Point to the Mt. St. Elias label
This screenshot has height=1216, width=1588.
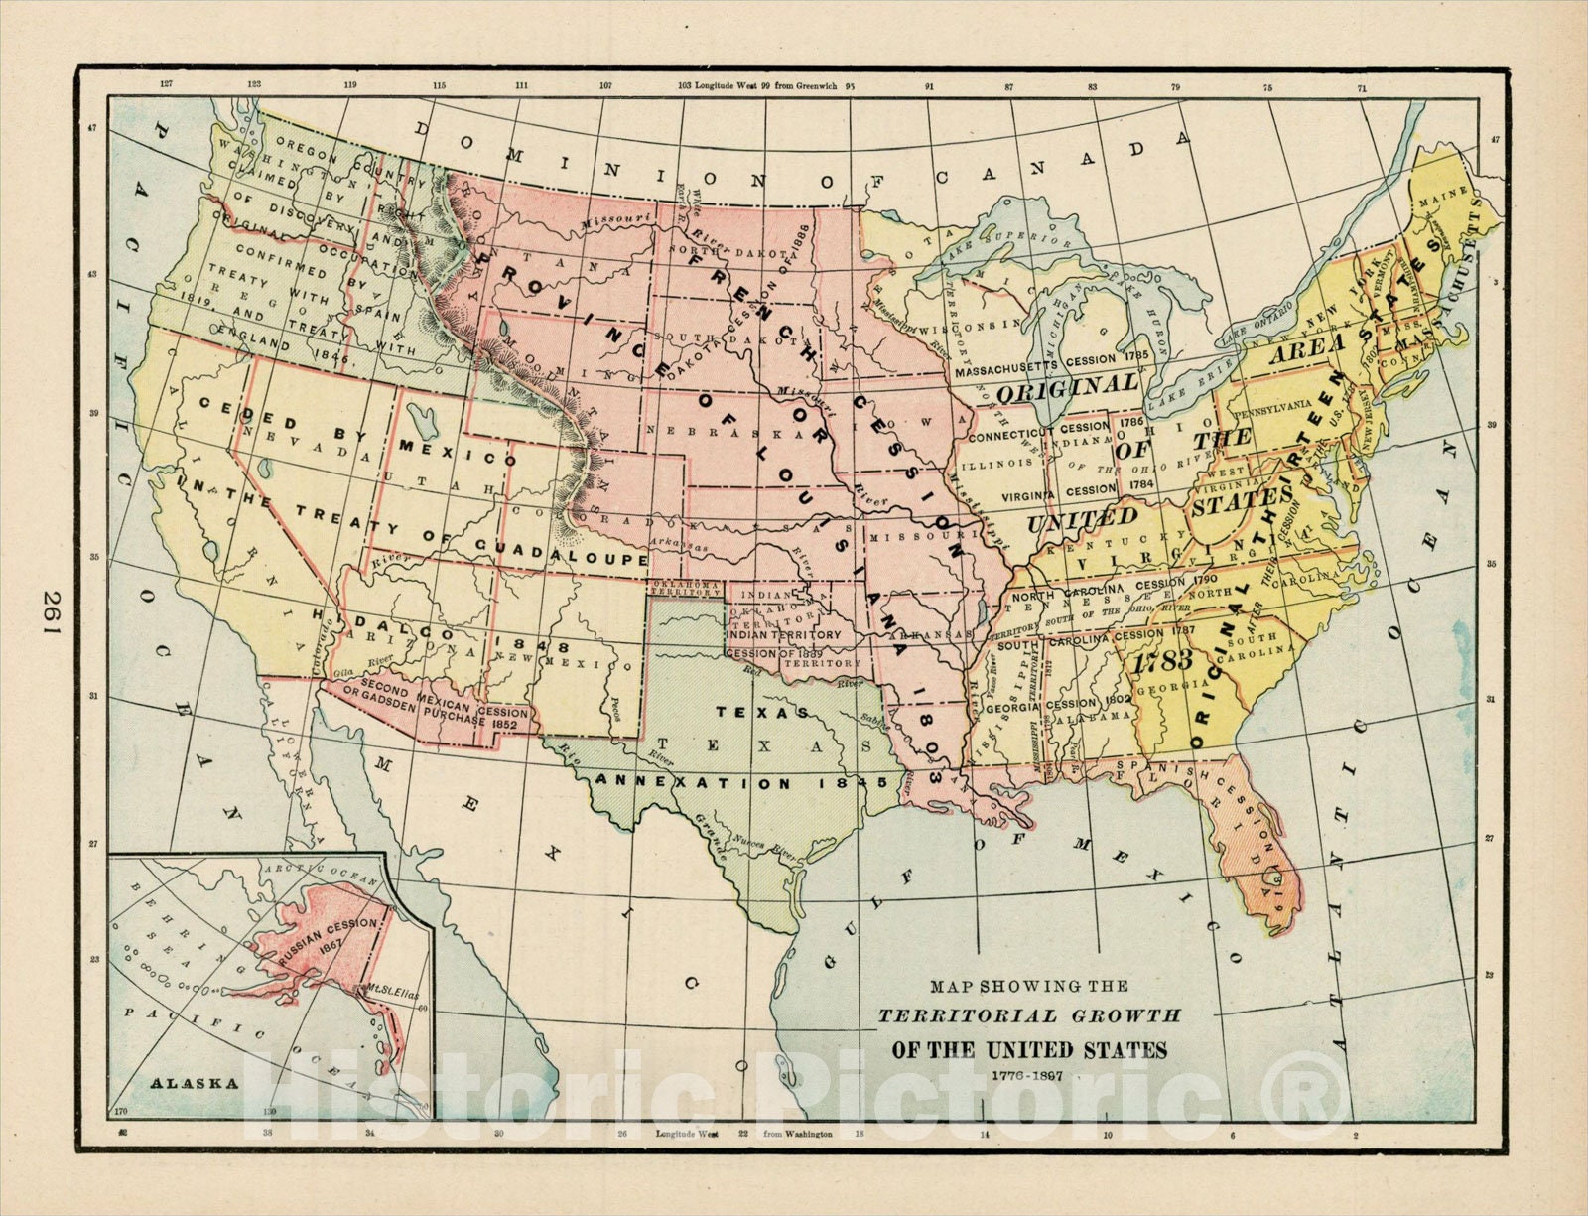[388, 989]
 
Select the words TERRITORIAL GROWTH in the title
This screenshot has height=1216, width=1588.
[1028, 1015]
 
